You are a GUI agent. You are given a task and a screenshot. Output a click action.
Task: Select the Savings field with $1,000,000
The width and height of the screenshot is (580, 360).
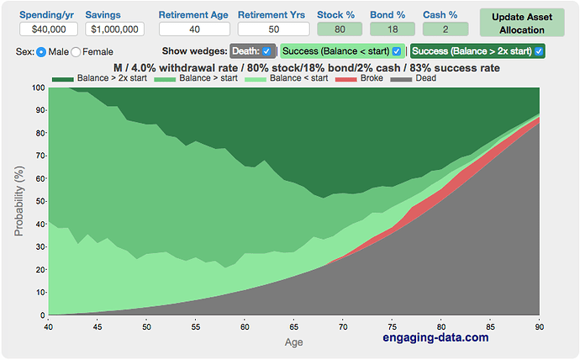click(x=114, y=29)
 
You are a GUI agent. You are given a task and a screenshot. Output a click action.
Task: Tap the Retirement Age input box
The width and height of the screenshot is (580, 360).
click(x=193, y=29)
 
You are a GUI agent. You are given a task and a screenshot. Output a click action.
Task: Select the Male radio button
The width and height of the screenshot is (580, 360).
click(x=41, y=52)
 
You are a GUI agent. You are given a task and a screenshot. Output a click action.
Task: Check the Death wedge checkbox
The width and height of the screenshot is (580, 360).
click(x=266, y=51)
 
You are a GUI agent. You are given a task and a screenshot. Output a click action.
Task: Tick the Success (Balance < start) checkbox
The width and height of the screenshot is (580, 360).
click(x=397, y=51)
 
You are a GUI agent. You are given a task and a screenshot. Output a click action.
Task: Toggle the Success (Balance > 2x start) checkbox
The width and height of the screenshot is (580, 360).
click(x=539, y=51)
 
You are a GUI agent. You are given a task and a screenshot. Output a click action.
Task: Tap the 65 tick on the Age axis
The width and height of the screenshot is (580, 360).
click(x=293, y=326)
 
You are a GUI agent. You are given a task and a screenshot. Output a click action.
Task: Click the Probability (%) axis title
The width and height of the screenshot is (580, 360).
click(x=19, y=200)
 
